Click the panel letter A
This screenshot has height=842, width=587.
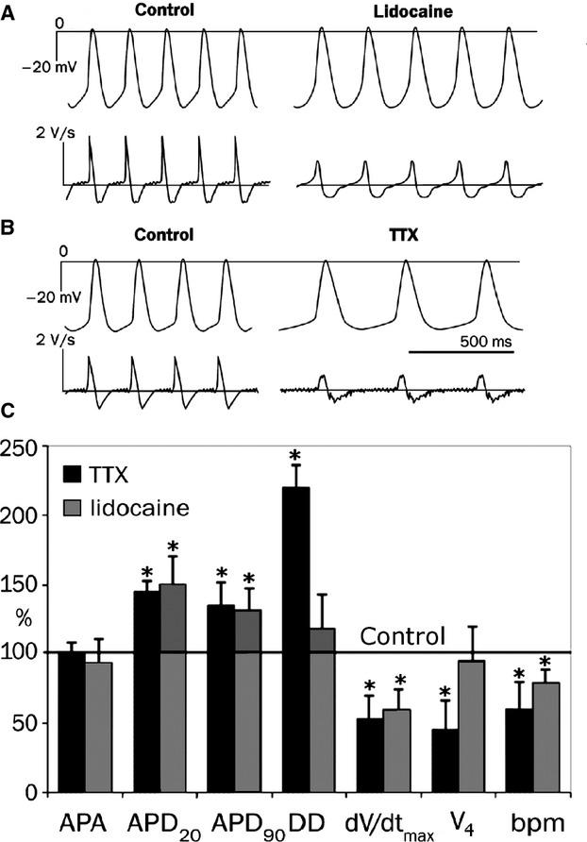click(9, 8)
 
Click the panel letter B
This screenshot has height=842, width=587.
click(9, 227)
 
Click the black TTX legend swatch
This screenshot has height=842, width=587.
click(81, 475)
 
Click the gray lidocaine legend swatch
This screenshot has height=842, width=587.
click(81, 507)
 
